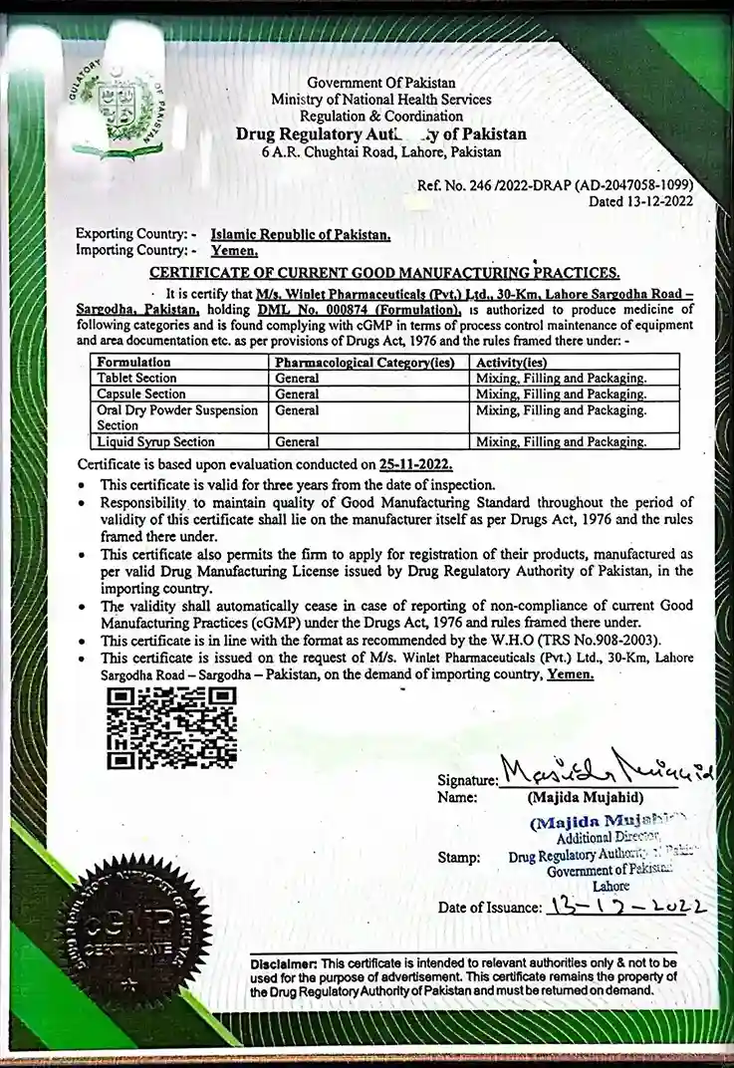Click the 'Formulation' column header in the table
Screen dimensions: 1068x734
tap(134, 363)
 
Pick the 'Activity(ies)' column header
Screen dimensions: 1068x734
tap(511, 363)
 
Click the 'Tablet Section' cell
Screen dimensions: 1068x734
tap(137, 379)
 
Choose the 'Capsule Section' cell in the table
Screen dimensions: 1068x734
tap(141, 395)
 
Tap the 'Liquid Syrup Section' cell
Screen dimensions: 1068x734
tap(155, 441)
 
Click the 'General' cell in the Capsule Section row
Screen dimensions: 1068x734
tap(297, 395)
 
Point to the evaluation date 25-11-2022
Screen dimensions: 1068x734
tap(415, 464)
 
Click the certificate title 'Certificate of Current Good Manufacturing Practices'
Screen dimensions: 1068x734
tap(384, 272)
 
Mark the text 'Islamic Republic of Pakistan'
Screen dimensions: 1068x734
tap(301, 235)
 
